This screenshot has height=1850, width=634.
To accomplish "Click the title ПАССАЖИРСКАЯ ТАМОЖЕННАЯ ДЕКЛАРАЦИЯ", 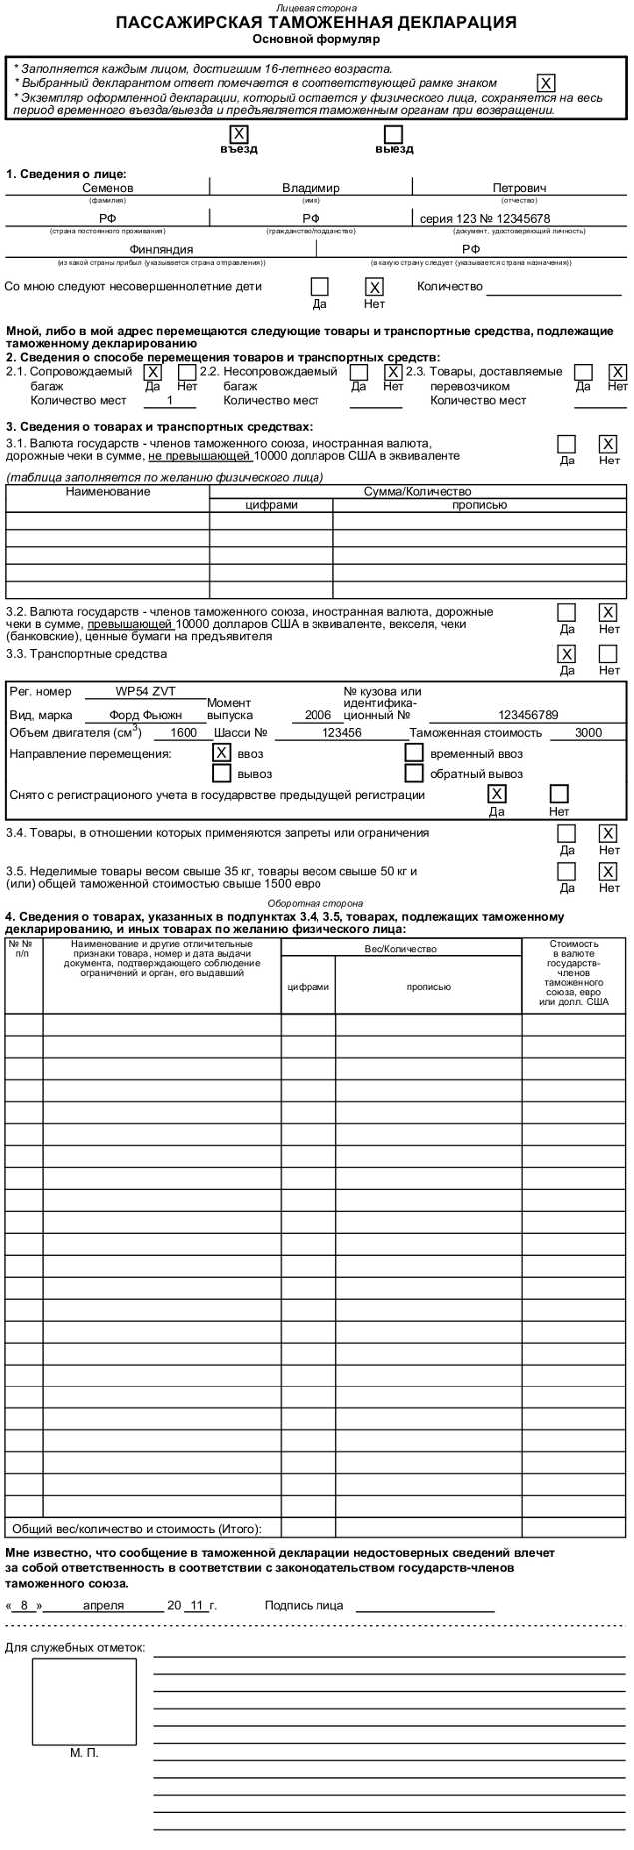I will (317, 23).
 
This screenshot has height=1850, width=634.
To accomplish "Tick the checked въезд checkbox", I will (239, 134).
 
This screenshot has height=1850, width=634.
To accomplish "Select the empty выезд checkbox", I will (394, 134).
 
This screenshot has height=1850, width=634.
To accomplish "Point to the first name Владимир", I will (311, 188).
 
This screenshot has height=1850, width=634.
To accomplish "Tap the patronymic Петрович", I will (519, 188).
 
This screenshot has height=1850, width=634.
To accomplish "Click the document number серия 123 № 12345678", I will (485, 218).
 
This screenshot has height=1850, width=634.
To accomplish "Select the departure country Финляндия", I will (161, 249).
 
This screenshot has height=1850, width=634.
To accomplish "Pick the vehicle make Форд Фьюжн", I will (145, 715).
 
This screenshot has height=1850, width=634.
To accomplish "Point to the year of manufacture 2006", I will (317, 715).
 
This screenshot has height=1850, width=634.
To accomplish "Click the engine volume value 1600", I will (184, 732).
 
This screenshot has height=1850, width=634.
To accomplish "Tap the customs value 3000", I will (588, 732).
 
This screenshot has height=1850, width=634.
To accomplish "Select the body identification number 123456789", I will (528, 715).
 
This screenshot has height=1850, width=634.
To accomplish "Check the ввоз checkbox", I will (221, 753).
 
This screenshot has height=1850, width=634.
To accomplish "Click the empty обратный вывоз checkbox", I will (414, 773).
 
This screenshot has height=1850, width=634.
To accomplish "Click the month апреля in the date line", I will (103, 1605).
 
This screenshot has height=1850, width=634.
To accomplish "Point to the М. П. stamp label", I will (84, 1752).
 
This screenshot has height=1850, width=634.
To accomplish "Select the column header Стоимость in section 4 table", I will (573, 944).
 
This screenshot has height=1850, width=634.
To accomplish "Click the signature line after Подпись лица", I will (425, 1607).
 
